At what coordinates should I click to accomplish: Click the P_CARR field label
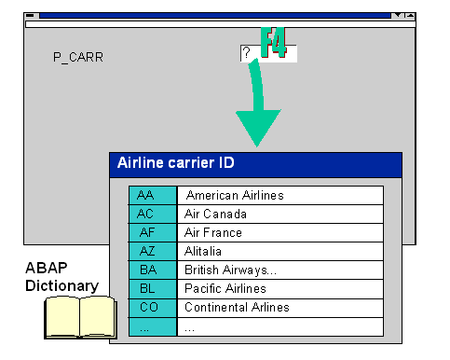click(x=78, y=57)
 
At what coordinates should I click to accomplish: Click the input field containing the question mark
click(x=268, y=53)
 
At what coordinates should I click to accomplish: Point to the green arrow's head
click(x=258, y=126)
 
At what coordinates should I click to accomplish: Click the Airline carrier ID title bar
click(x=255, y=164)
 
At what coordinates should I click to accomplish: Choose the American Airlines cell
click(x=280, y=196)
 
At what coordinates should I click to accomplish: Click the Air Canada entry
click(x=280, y=215)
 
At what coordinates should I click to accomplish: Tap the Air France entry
click(x=280, y=233)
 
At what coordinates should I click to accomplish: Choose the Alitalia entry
click(x=280, y=252)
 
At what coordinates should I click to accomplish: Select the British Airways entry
click(x=280, y=270)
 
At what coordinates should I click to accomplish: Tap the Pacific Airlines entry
click(x=280, y=289)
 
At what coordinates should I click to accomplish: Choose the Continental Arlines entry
click(x=280, y=308)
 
